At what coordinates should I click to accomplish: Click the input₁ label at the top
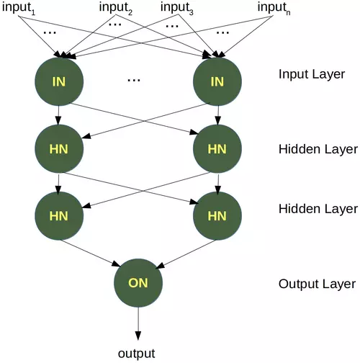coord(19,7)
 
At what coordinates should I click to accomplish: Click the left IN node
coord(59,81)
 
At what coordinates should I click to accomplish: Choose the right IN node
coord(216,81)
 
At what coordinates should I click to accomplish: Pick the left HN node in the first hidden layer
coord(59,148)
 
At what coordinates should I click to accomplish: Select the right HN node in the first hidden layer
coord(216,148)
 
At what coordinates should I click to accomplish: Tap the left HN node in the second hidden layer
coord(59,215)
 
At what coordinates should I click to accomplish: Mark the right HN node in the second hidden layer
coord(216,215)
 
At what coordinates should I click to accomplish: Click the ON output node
coord(138,282)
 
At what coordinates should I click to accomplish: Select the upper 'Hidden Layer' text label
coord(318,150)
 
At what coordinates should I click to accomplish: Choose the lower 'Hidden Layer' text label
coord(318,209)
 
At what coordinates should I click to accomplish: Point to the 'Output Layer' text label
coord(317,283)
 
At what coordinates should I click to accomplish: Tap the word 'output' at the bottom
coord(137,353)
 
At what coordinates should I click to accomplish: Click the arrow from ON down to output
coord(138,324)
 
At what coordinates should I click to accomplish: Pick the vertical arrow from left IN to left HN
coord(59,115)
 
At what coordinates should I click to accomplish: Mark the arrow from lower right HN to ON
coord(184,252)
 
